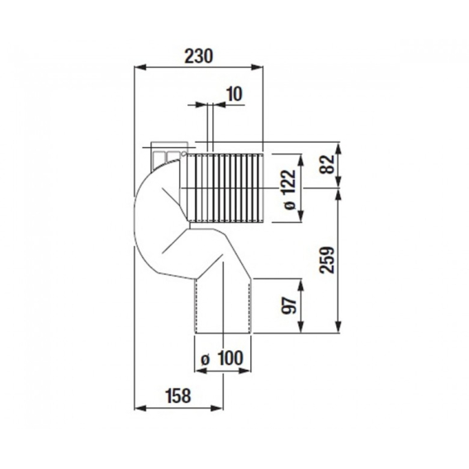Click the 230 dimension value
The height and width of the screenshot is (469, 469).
(199, 56)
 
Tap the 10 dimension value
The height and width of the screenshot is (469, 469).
(234, 94)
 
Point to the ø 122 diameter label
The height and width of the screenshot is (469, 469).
(289, 190)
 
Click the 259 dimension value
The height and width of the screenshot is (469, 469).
(327, 259)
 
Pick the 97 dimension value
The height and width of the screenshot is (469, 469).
(289, 305)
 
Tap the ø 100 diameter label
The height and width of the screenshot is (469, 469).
(222, 358)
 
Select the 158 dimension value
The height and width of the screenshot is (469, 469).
(178, 396)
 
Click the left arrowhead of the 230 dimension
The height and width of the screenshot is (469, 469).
(140, 67)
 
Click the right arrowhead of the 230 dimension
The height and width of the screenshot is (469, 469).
(258, 67)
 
